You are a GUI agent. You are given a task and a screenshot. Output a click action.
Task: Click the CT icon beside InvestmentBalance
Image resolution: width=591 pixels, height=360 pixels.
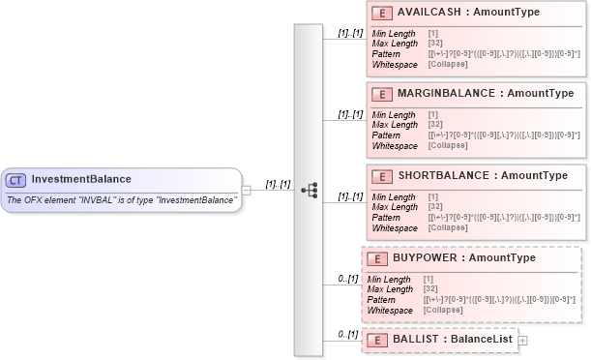pos(16,180)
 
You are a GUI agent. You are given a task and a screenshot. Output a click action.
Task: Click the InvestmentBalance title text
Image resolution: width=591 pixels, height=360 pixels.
pos(81,179)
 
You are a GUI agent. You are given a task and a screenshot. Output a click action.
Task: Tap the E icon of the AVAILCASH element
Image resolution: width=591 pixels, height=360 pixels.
pos(381,13)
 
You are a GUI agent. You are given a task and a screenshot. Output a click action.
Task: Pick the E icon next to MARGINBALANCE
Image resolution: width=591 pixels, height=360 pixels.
pos(381,94)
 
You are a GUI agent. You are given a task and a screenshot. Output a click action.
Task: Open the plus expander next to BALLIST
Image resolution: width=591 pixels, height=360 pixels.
pos(523,340)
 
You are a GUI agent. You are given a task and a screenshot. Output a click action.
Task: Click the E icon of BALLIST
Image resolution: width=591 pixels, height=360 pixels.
pos(376,340)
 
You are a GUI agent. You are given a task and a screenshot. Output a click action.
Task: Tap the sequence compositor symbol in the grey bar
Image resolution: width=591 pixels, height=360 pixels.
pos(310,190)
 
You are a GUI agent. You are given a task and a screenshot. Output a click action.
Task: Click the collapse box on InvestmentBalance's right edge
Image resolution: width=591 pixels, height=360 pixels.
pos(247,190)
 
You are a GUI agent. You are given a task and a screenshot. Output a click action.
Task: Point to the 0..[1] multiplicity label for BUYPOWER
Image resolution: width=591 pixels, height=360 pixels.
pos(347,278)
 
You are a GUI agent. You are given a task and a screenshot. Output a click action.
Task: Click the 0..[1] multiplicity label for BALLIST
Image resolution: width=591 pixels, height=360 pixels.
pos(347,334)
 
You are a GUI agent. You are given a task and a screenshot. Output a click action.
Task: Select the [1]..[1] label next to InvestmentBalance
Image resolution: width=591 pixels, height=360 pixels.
pos(279,183)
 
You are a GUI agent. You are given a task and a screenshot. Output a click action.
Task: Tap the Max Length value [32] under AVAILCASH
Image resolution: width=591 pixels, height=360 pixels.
pos(434,43)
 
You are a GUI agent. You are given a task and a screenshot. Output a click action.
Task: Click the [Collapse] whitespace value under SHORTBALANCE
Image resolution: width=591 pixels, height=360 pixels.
pos(445,228)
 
